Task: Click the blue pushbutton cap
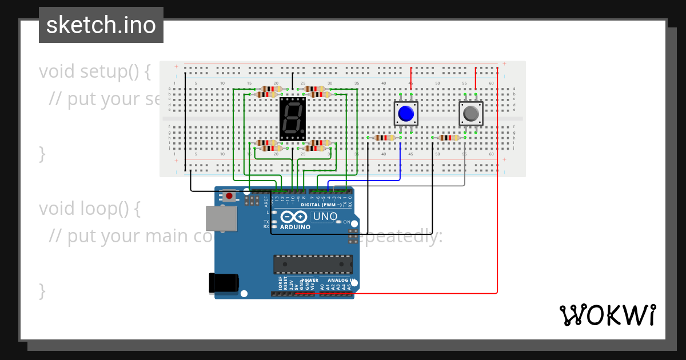[406, 114]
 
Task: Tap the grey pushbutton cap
[471, 114]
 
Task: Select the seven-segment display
[292, 119]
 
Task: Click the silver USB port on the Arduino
[221, 218]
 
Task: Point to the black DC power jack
[224, 283]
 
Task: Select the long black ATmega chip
[313, 264]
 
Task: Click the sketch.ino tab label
[101, 25]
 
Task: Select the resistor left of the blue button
[384, 137]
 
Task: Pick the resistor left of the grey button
[449, 137]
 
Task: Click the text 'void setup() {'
[95, 71]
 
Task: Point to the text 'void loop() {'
[89, 209]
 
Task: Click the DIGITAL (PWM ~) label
[321, 205]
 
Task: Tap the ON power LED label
[346, 222]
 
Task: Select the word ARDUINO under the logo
[295, 227]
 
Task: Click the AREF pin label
[266, 201]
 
